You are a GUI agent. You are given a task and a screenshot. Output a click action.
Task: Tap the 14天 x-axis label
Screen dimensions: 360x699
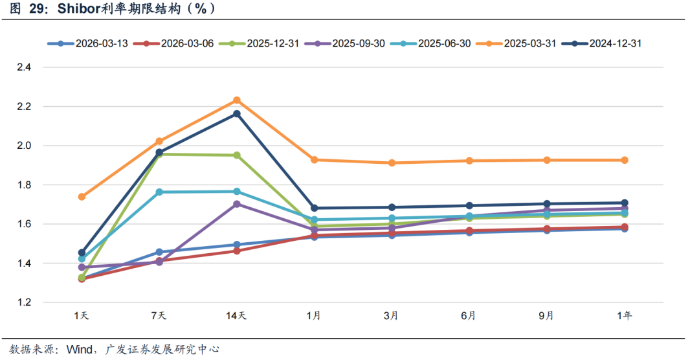point(236,316)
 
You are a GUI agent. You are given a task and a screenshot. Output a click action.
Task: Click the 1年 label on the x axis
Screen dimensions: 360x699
point(625,316)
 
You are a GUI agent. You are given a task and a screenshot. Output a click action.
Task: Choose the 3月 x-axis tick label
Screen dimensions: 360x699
point(391,316)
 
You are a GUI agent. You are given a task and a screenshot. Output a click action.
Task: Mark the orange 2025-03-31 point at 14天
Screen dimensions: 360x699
point(237,100)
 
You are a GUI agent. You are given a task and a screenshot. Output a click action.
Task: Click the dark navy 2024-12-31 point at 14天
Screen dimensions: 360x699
point(237,114)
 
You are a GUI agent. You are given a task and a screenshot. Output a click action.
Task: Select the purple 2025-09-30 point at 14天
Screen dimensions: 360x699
point(237,204)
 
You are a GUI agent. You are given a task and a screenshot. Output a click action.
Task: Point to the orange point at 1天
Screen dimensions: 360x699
point(82,197)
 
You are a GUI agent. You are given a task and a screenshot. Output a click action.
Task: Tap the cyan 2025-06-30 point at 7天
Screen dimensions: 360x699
point(159,192)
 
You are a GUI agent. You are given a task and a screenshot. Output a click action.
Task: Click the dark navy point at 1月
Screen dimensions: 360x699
point(315,208)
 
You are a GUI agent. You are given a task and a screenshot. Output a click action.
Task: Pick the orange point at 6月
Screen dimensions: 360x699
point(469,161)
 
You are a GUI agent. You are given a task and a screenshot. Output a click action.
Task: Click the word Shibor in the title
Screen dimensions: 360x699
point(77,9)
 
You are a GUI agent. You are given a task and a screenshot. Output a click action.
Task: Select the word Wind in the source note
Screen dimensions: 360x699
point(81,350)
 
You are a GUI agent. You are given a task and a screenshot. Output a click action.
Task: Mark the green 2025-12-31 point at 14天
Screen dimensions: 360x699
point(237,155)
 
